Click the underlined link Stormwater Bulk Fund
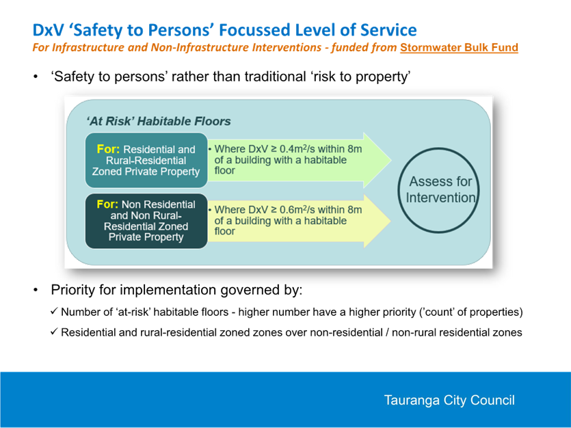click(x=459, y=48)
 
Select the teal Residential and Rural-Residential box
click(x=146, y=160)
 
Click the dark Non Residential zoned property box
click(x=146, y=221)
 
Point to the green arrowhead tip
click(x=391, y=160)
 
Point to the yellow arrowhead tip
click(x=391, y=221)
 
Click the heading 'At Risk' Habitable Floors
click(x=159, y=121)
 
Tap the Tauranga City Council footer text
click(x=449, y=400)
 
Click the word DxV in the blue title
click(x=48, y=30)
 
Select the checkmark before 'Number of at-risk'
click(x=54, y=311)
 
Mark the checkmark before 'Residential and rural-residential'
click(x=54, y=332)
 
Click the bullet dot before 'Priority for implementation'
click(x=36, y=290)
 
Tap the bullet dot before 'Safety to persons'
click(x=36, y=77)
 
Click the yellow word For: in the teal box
click(x=108, y=149)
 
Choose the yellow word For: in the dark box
click(x=107, y=204)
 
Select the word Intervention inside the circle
click(x=440, y=198)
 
